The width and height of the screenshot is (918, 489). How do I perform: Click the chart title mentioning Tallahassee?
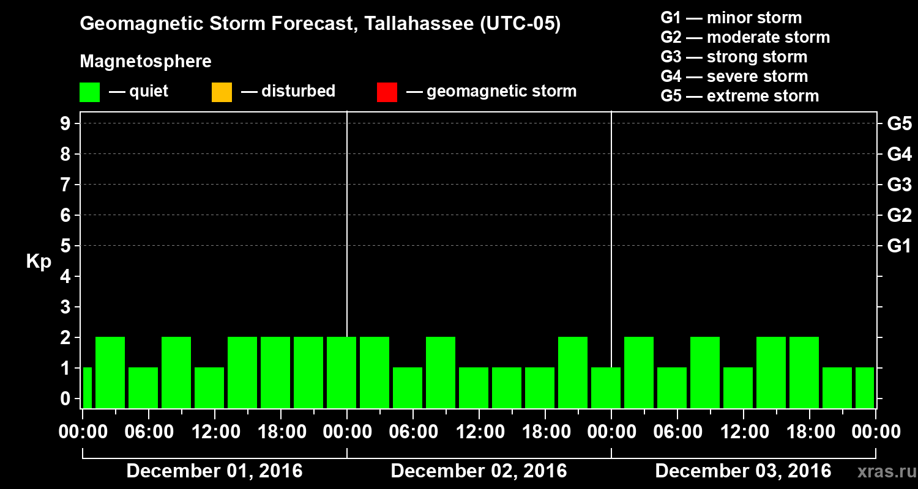320,24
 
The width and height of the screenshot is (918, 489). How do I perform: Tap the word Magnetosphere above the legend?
146,62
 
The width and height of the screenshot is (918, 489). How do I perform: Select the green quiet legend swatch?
89,92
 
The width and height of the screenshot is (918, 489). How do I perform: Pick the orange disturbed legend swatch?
222,92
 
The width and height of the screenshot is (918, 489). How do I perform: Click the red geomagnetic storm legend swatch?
387,92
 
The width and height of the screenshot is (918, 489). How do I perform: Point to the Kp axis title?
39,262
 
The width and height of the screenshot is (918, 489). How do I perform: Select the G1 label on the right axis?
899,246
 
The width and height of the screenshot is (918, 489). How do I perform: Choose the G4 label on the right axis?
899,154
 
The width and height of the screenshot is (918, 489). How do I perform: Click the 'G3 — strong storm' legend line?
734,57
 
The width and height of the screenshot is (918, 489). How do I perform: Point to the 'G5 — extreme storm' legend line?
739,96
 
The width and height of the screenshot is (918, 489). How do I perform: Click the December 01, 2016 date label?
214,471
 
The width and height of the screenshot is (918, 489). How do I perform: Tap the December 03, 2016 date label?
743,471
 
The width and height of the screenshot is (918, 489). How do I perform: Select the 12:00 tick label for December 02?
480,432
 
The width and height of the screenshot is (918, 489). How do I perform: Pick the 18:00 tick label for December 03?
810,432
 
